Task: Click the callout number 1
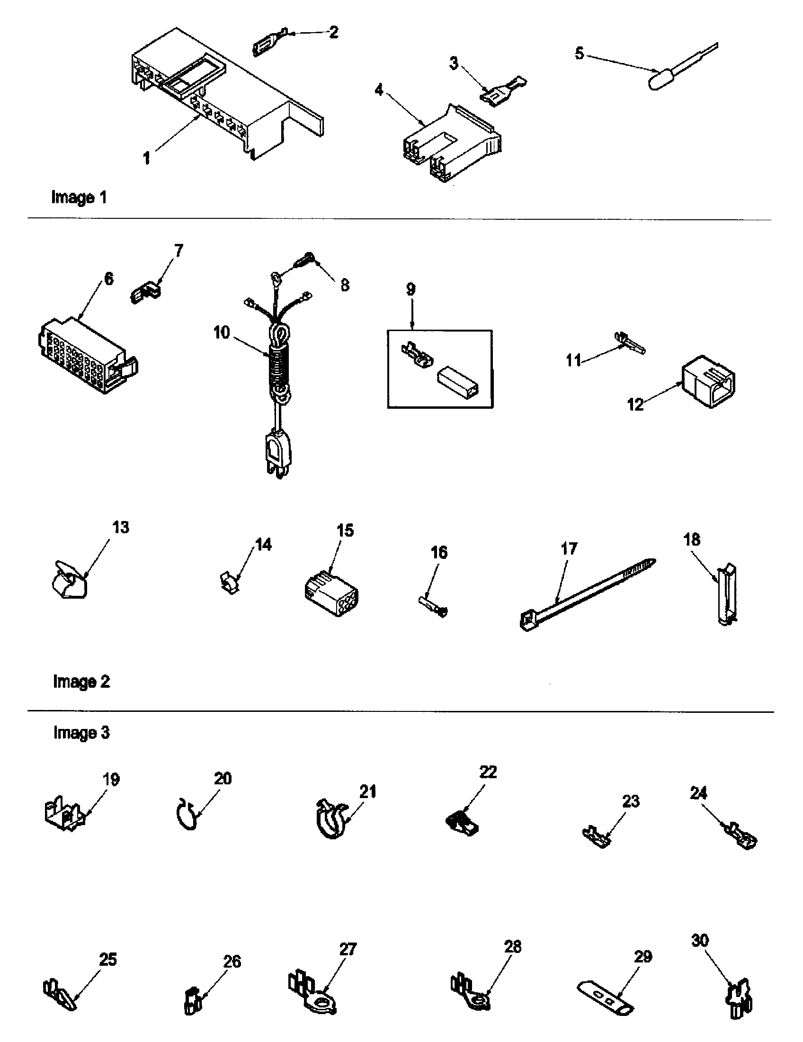click(x=147, y=158)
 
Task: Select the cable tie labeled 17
click(x=587, y=594)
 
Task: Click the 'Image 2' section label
click(x=81, y=681)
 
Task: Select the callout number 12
click(x=635, y=405)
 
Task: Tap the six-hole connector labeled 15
click(x=332, y=594)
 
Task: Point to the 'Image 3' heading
click(x=81, y=732)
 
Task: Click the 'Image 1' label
click(x=79, y=197)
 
